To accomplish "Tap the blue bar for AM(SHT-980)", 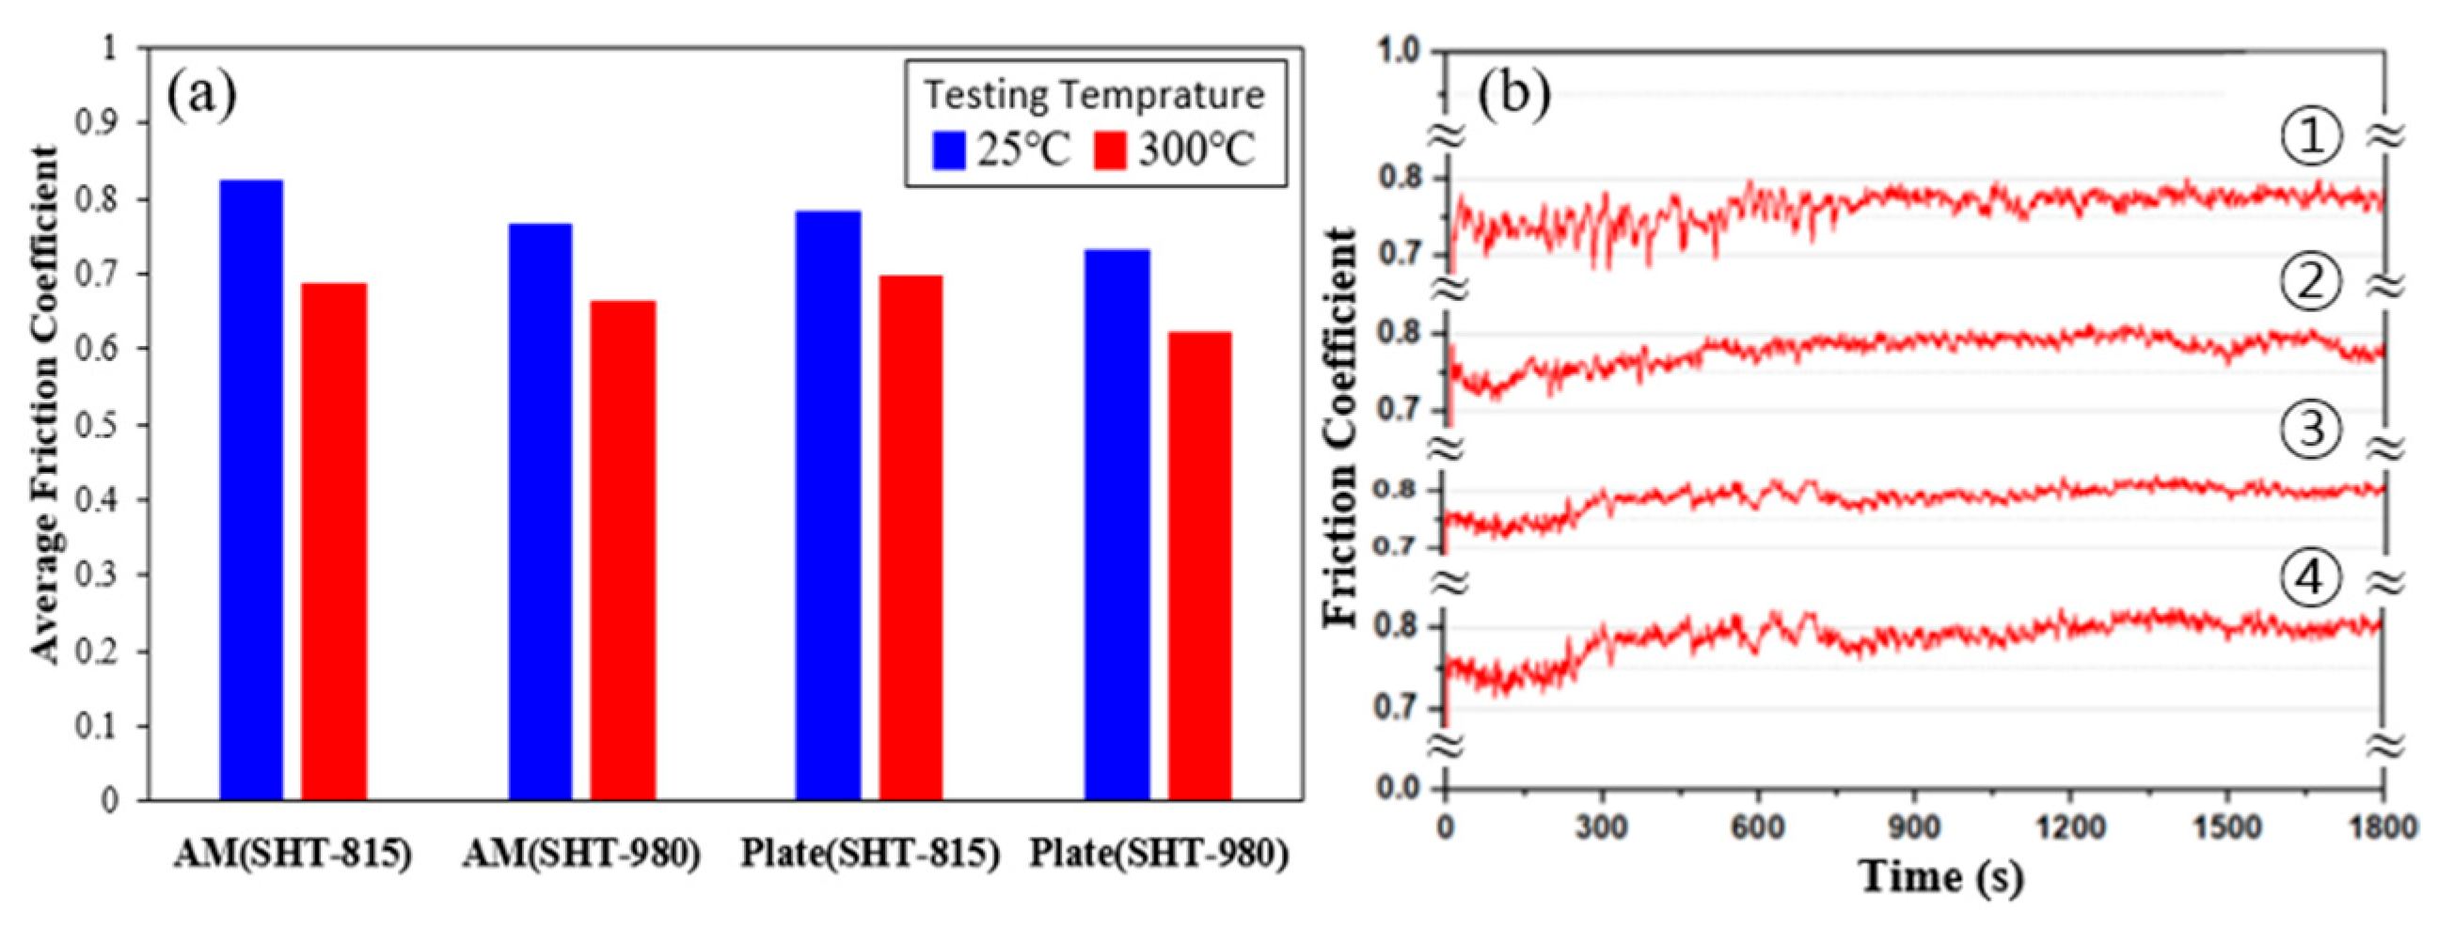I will coord(540,511).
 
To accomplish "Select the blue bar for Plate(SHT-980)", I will coord(1116,525).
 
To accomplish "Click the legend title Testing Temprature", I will coord(1094,96).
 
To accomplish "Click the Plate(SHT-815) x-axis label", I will coord(870,855).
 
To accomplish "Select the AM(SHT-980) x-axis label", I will coord(581,855).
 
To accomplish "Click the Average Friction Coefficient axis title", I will coord(43,405).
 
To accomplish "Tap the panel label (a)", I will coord(200,96).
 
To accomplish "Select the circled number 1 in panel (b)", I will coord(2310,137).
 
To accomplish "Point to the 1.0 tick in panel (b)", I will coord(1399,51).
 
